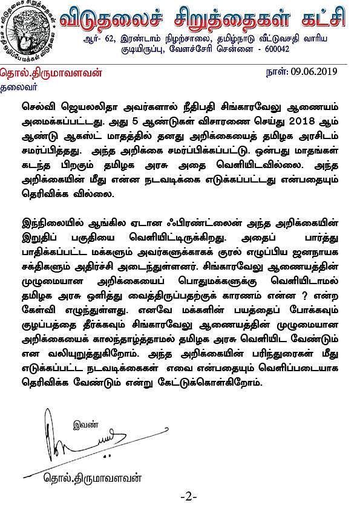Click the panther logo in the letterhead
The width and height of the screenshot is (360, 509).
[x=28, y=32]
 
